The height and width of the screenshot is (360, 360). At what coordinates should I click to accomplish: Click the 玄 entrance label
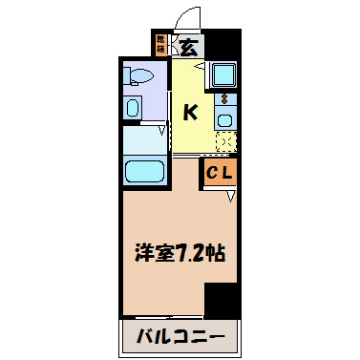[189, 45]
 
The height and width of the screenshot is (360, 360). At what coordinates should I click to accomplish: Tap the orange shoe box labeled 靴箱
[161, 43]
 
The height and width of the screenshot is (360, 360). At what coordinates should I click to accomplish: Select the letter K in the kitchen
[191, 113]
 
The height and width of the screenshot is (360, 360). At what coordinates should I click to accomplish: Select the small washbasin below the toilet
[133, 106]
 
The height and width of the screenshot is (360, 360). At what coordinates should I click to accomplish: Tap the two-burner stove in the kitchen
[224, 98]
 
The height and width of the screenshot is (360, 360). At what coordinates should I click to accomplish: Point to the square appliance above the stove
[224, 74]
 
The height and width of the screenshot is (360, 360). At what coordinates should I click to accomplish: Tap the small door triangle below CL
[231, 197]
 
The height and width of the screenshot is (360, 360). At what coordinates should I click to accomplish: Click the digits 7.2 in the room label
[201, 256]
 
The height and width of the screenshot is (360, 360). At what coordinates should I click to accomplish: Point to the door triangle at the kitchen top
[199, 66]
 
